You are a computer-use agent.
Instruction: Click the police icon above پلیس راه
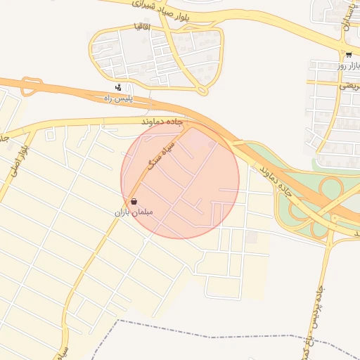(x=118, y=89)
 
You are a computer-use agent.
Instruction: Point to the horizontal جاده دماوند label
(x=162, y=123)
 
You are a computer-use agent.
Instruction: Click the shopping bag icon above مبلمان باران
(x=134, y=200)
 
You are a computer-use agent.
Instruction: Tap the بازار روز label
(x=349, y=65)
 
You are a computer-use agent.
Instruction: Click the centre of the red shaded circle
(x=180, y=180)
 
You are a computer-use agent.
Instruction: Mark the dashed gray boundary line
(x=211, y=330)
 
